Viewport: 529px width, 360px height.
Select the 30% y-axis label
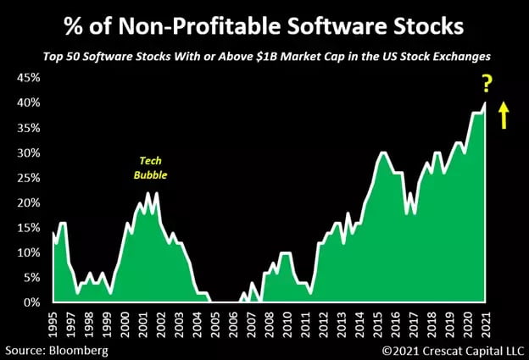pos(23,152)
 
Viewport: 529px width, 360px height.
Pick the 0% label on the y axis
pos(26,302)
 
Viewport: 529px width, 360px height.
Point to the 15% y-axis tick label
pos(23,227)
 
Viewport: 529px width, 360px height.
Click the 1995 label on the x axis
pos(53,324)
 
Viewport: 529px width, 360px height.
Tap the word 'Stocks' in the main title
pos(423,27)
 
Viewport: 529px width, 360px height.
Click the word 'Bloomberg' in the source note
pos(81,349)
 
